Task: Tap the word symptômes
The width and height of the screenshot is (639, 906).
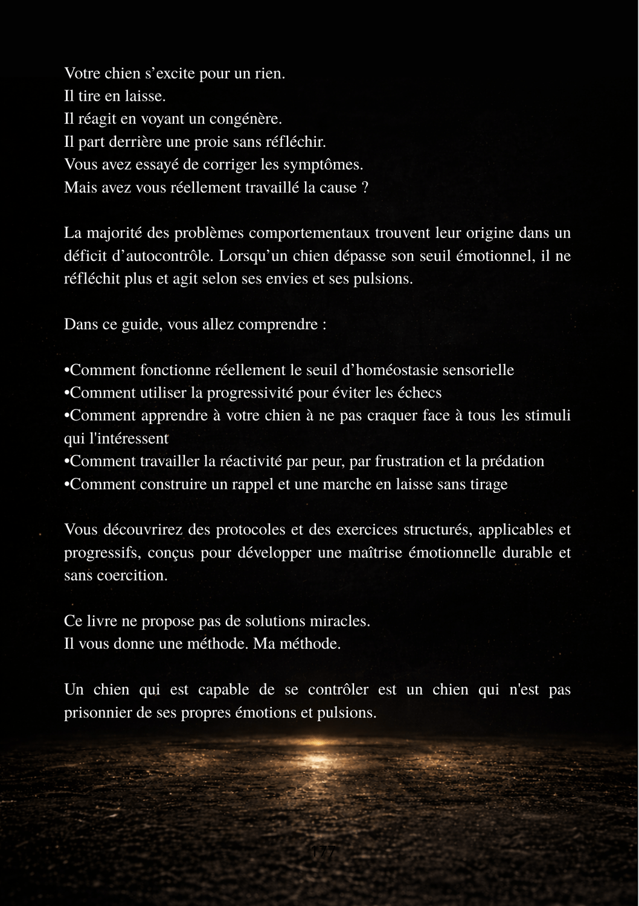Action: click(x=327, y=165)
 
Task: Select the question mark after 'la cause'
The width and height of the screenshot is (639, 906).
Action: click(x=365, y=188)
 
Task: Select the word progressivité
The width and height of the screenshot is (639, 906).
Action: click(x=251, y=393)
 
